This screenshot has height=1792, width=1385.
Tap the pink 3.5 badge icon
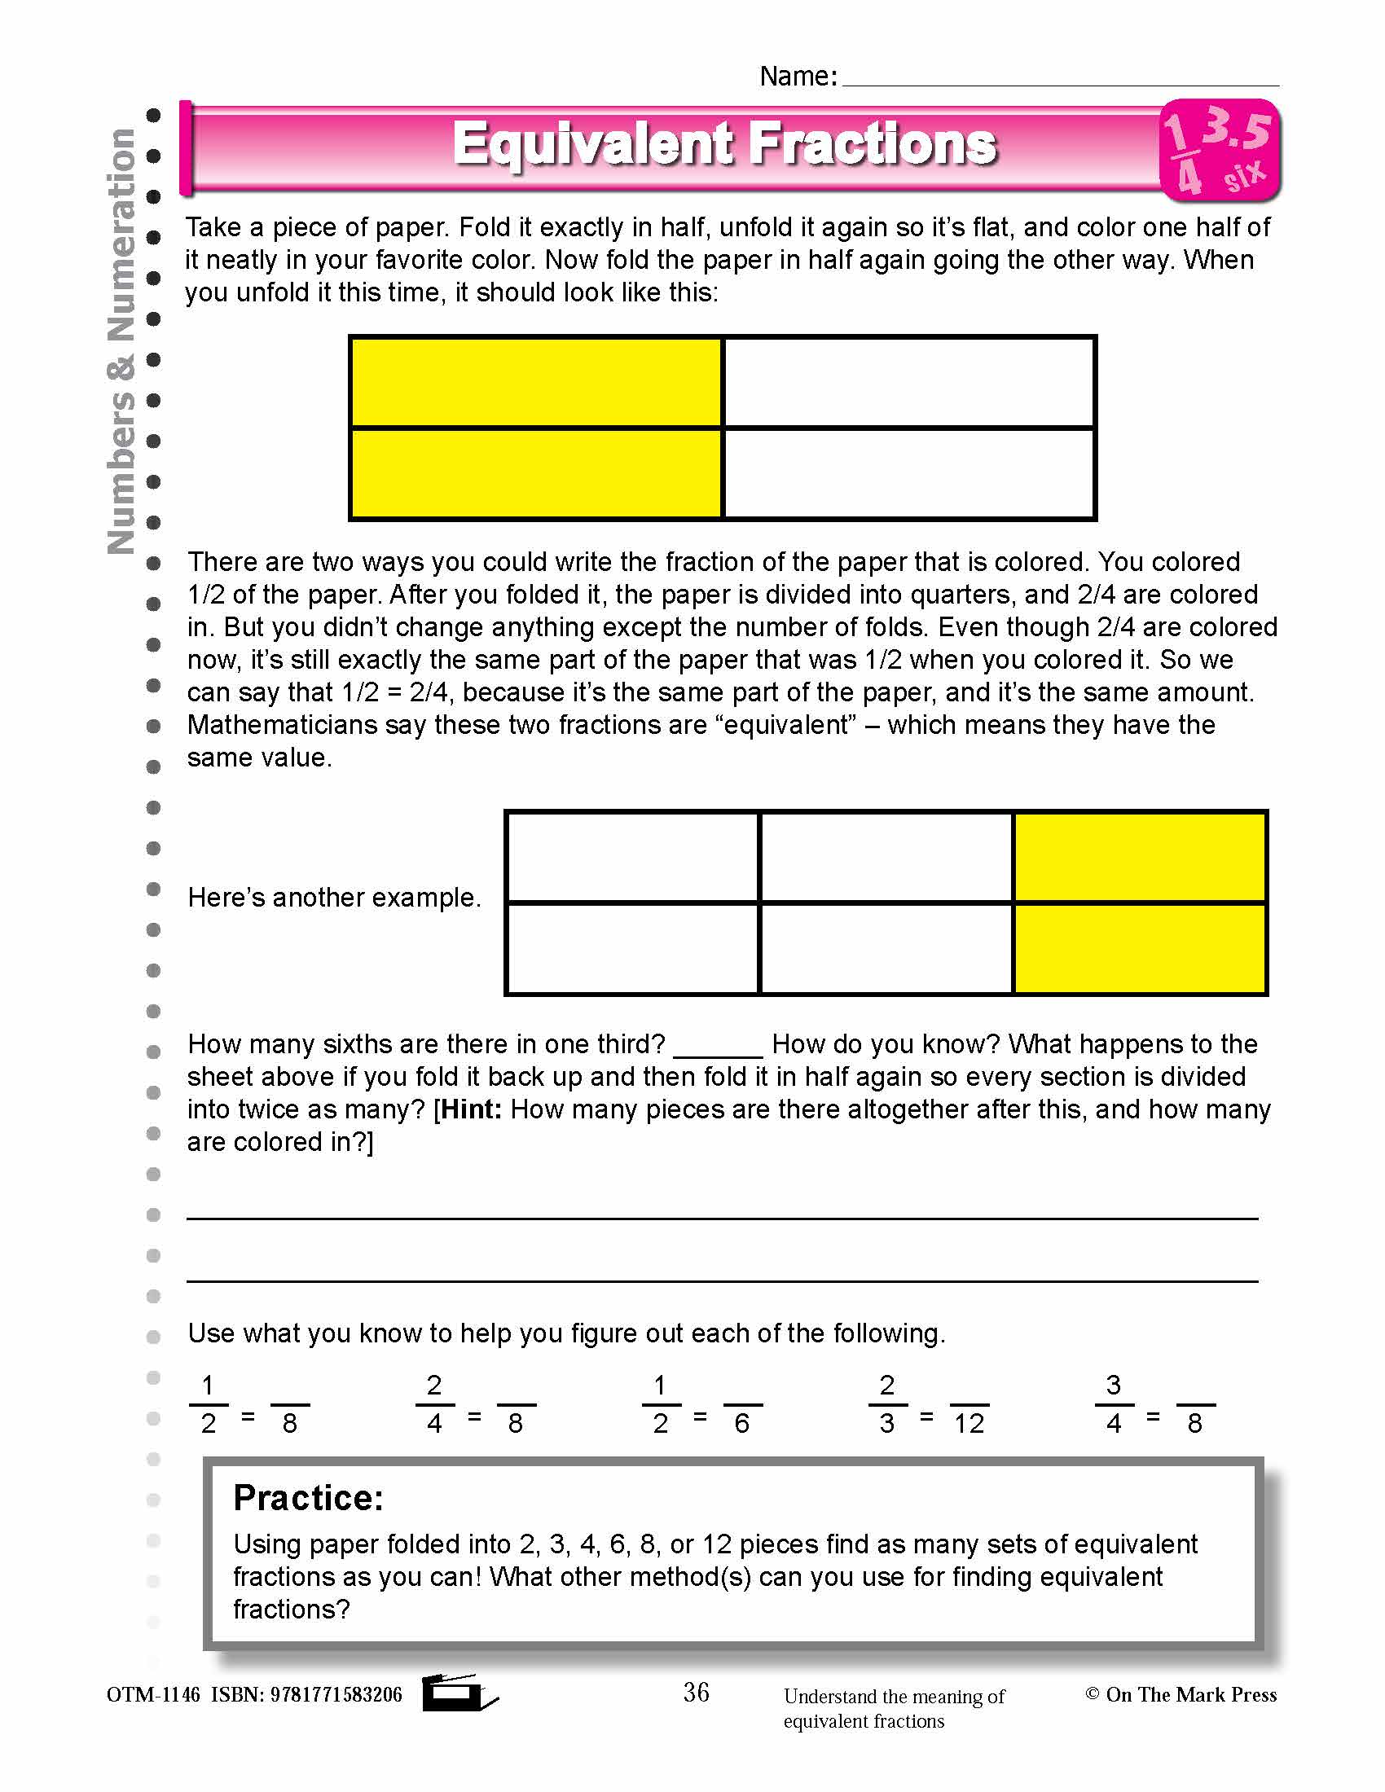(1220, 150)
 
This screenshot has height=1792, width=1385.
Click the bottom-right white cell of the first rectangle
(909, 473)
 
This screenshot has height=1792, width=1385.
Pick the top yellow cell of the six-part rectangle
(1139, 857)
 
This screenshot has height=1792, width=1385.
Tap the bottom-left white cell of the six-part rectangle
(632, 948)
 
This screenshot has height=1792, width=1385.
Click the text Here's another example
(334, 898)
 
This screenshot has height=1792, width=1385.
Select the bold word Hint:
(470, 1109)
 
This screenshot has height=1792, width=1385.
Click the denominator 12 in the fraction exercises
(968, 1424)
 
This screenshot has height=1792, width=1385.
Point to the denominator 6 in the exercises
(741, 1424)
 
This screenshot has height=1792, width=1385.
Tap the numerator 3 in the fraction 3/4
(1113, 1386)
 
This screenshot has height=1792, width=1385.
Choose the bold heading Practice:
(309, 1498)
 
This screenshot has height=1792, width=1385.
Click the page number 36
(696, 1693)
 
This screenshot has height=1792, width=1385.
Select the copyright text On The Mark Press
(1189, 1694)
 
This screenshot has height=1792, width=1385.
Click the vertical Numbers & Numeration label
(121, 340)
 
